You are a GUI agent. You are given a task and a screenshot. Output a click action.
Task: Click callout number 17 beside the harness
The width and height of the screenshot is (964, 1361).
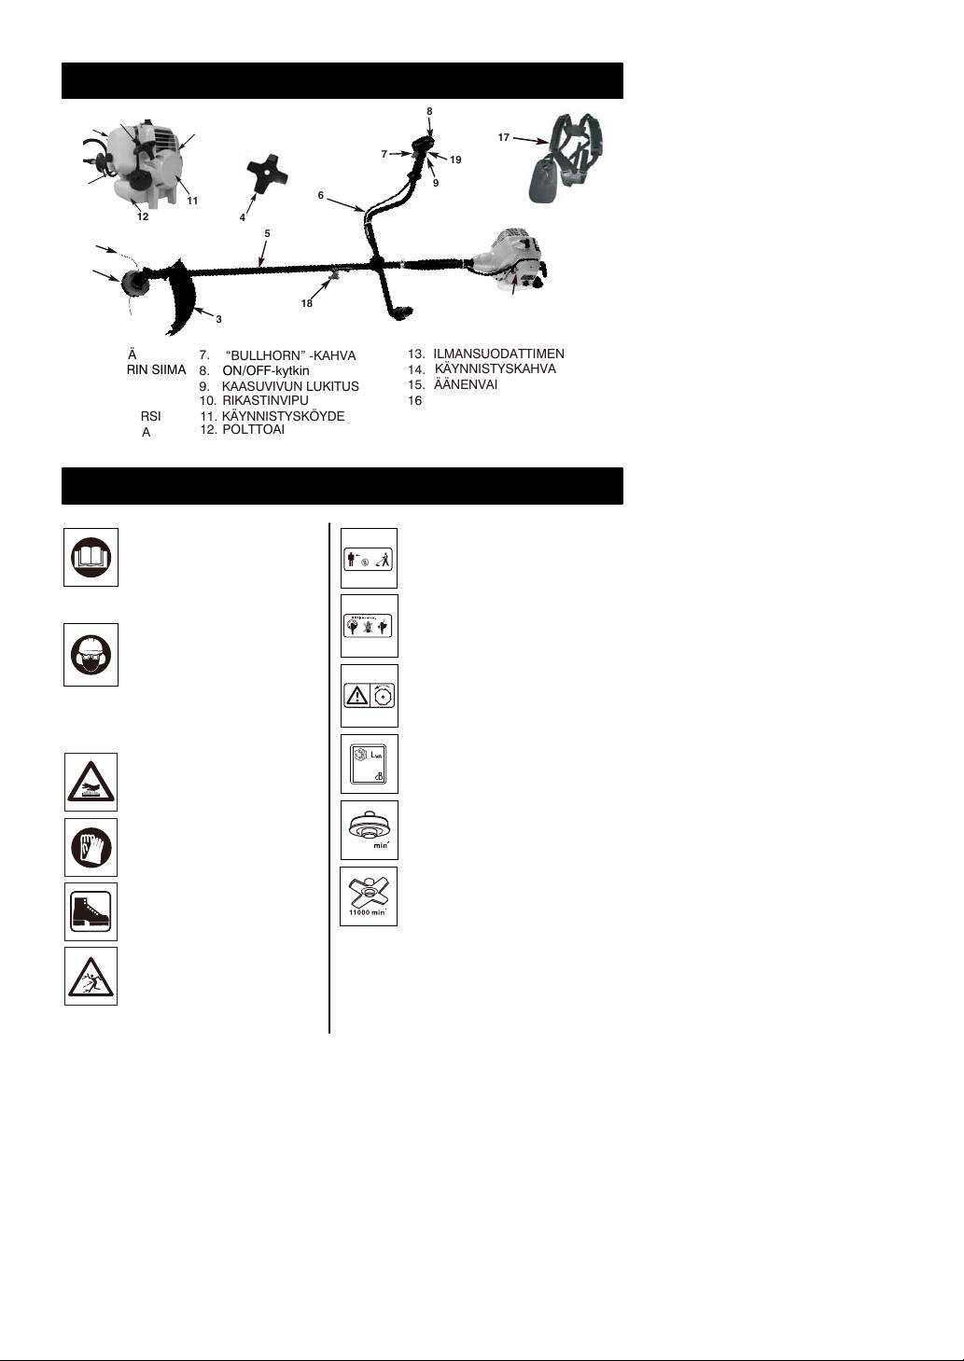coord(504,138)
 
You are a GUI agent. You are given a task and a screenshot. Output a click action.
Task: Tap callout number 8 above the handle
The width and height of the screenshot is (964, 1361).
coord(429,111)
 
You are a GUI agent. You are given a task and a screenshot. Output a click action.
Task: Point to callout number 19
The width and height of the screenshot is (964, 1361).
coord(455,160)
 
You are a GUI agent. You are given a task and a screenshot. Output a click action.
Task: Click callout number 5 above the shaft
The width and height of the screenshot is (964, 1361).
coord(267,233)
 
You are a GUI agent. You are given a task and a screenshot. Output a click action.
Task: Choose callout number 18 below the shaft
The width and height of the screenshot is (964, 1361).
coord(307,303)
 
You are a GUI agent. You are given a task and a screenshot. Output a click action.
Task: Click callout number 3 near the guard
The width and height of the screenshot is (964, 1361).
coord(218,320)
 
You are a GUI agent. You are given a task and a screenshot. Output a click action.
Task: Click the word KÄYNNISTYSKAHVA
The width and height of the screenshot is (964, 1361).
coord(496,369)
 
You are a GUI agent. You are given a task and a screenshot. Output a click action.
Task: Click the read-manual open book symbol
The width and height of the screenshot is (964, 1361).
coord(91,558)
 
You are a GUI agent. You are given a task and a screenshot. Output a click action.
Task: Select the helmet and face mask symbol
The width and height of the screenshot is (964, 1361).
coord(91,655)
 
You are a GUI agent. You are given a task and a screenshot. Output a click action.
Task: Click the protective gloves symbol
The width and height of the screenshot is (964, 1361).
coord(91,848)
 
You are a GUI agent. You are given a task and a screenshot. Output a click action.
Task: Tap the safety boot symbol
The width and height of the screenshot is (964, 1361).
coord(91,911)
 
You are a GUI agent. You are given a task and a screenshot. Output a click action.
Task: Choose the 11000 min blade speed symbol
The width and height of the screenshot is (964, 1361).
coord(369,896)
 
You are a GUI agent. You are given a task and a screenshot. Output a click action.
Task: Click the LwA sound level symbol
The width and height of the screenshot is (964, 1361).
coord(369,765)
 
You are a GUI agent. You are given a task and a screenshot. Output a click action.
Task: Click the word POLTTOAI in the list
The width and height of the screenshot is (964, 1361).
coord(254,430)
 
